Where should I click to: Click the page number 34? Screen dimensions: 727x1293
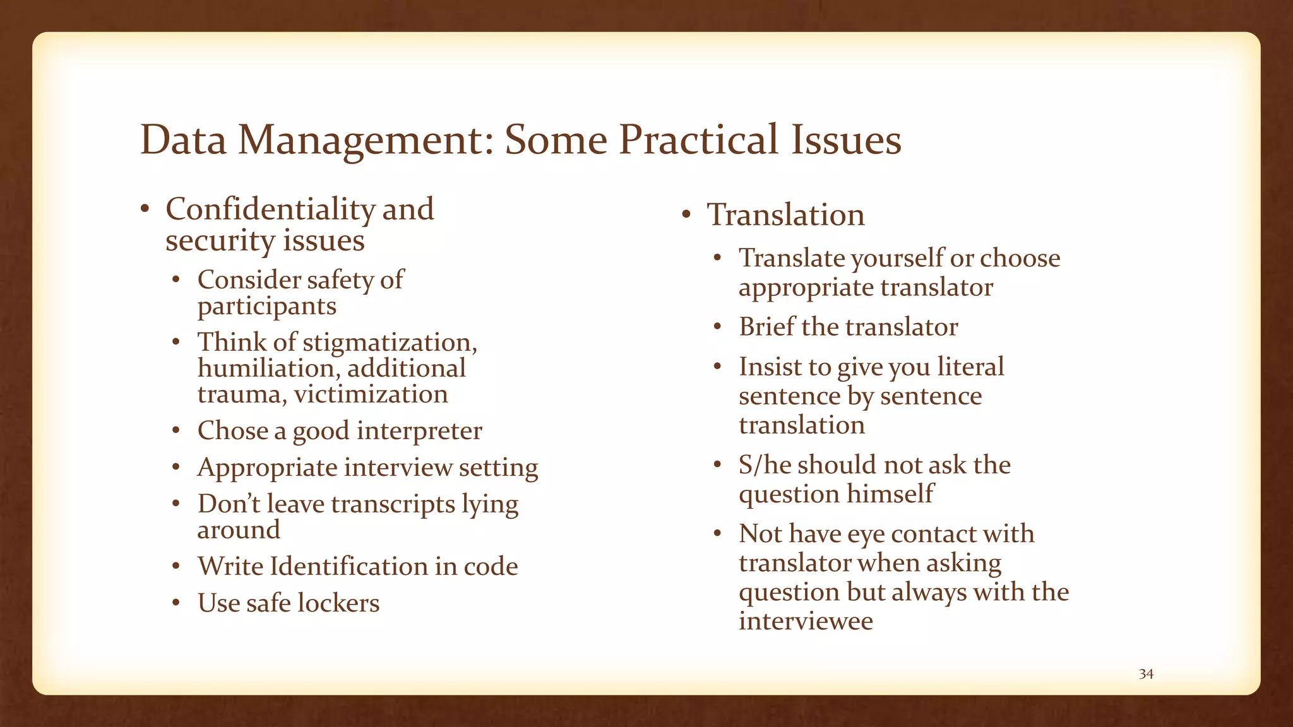pos(1146,674)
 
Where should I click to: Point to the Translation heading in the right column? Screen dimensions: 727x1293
pos(785,215)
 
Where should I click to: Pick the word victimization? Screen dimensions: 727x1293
pos(371,394)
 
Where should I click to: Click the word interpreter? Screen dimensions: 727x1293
pos(419,431)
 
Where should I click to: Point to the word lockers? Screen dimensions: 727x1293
pos(338,603)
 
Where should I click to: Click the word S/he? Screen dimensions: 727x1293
pos(765,465)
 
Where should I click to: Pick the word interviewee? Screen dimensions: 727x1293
pos(806,621)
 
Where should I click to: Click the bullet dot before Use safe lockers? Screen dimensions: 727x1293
pos(177,604)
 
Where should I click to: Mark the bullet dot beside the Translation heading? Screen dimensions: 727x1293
pos(687,215)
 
